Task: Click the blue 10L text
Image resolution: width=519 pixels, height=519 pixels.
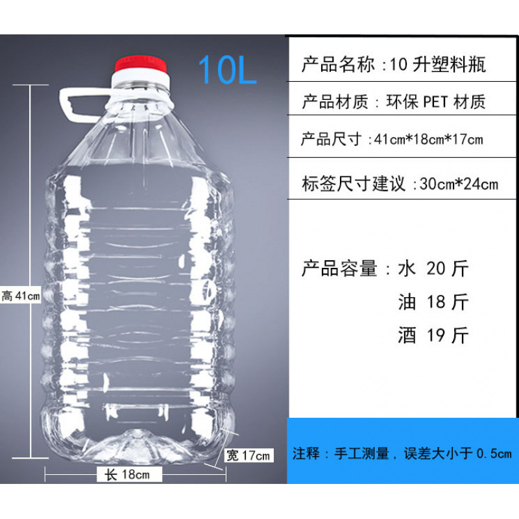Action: (x=227, y=69)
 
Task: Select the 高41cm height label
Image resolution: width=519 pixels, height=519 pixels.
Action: (x=21, y=296)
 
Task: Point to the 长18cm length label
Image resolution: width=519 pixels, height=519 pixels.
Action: (x=127, y=474)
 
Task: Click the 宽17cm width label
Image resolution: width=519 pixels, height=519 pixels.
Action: (x=248, y=455)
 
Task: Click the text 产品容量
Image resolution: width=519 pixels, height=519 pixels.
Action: (x=339, y=268)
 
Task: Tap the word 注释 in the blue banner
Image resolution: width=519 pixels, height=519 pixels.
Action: (x=307, y=453)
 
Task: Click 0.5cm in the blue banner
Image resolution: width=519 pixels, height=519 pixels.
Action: (x=494, y=453)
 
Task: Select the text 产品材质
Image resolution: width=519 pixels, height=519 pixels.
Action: (x=335, y=102)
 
